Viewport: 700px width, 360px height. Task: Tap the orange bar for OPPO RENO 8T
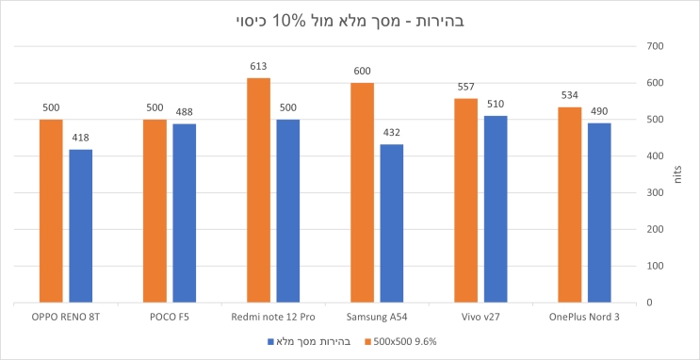tap(51, 211)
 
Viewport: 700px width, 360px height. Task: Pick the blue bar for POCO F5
tap(184, 213)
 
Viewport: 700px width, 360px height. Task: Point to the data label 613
tap(258, 67)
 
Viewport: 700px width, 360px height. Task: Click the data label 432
tap(391, 133)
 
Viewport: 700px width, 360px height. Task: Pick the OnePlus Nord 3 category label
tap(584, 317)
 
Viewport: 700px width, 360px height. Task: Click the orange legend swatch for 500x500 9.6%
tap(366, 340)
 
